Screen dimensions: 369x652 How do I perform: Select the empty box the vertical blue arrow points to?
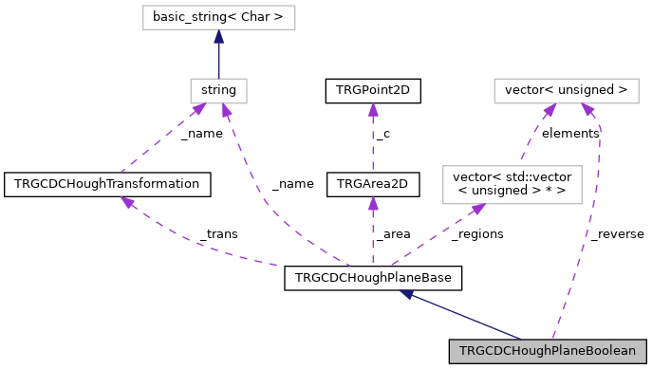point(218,17)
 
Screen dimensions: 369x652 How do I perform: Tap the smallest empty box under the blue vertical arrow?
point(218,91)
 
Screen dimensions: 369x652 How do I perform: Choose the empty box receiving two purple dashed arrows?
point(567,91)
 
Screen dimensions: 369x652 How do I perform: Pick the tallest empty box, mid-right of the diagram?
point(512,184)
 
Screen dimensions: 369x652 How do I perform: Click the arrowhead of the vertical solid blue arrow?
point(218,37)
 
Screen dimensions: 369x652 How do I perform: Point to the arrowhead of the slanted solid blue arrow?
point(406,295)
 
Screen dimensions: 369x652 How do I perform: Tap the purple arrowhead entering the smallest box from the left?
point(198,110)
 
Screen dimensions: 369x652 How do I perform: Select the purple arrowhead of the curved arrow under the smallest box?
point(226,111)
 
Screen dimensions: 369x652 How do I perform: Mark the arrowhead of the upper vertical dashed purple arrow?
point(373,109)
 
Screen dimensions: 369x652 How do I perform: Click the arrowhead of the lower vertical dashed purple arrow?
point(373,203)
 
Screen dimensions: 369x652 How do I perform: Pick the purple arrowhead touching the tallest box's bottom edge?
point(478,209)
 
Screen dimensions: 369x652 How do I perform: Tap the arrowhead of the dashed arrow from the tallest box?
point(550,111)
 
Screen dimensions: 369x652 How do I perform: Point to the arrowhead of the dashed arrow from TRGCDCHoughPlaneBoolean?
point(588,110)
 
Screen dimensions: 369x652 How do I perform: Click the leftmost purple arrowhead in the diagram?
point(127,202)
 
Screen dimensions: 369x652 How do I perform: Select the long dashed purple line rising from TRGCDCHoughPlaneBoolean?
point(585,237)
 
